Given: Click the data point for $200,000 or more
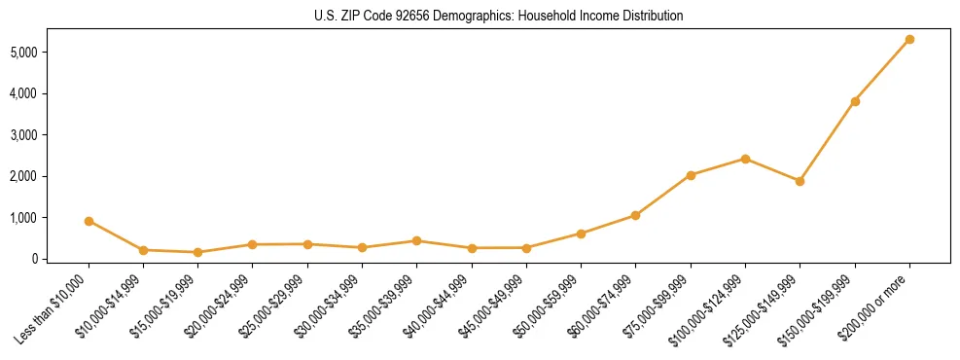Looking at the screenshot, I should pos(909,40).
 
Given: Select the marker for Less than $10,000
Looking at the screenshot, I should pos(89,221).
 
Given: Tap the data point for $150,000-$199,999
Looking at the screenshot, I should pos(855,101).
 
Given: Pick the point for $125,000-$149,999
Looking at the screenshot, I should pos(800,181).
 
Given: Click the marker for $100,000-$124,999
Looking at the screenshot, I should pos(745,159).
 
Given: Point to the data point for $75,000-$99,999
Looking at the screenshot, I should pos(691,175).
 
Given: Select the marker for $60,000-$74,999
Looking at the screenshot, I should pos(635,215).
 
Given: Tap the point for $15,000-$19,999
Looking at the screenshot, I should pos(197,252).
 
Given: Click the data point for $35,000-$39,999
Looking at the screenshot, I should pos(416,240).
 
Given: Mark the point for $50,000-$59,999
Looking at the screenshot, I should pos(581,234).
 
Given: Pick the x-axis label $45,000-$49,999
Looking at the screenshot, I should pos(492,307).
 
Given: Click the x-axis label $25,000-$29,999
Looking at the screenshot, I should pos(273,307).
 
